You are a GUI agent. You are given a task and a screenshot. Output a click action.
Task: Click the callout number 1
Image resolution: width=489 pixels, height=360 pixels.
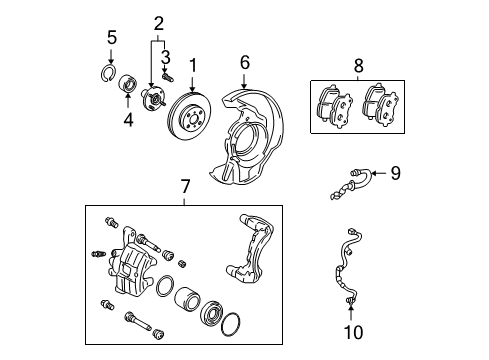click(x=192, y=67)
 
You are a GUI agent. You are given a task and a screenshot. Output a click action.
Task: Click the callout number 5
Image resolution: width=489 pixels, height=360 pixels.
click(x=112, y=38)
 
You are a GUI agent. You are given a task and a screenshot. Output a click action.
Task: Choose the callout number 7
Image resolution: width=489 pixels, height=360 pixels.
click(x=185, y=186)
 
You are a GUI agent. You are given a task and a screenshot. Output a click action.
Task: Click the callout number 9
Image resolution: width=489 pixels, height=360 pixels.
click(x=395, y=174)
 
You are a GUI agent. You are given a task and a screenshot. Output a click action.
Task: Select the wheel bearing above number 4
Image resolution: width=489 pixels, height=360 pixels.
click(x=129, y=84)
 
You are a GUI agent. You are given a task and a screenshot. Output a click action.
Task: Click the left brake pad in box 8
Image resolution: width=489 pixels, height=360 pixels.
click(x=331, y=105)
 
